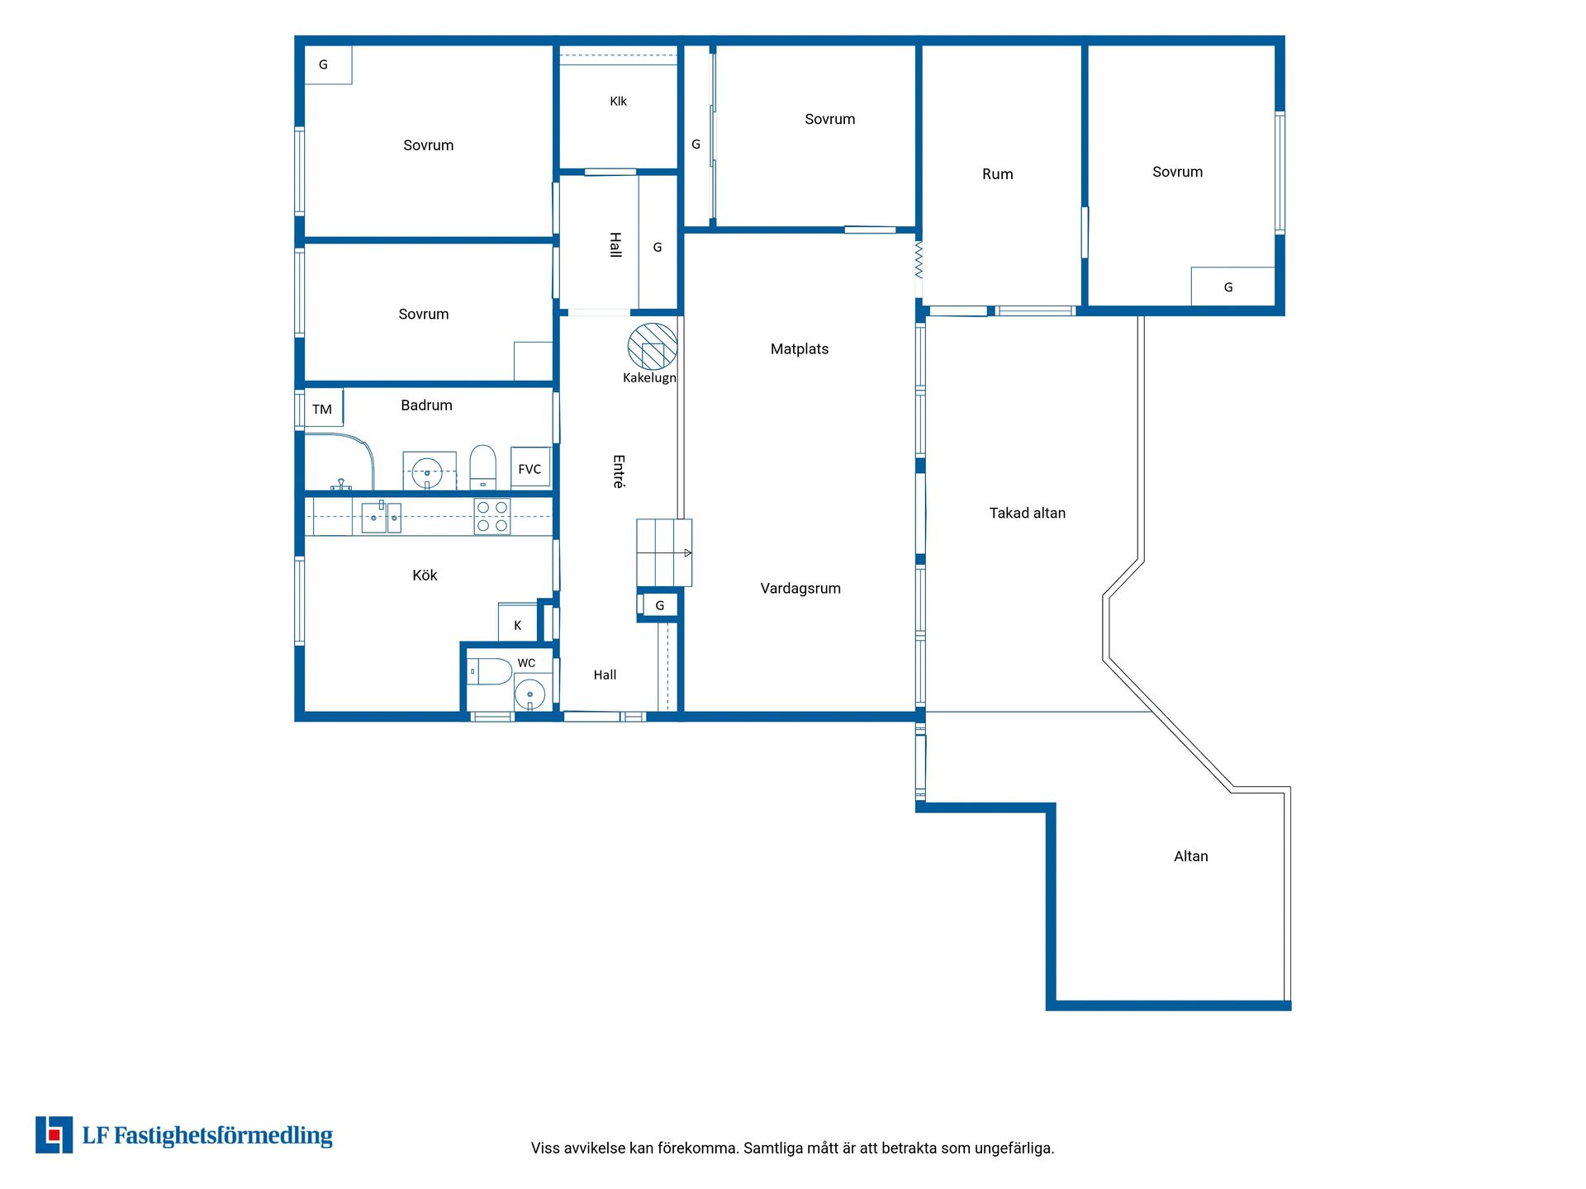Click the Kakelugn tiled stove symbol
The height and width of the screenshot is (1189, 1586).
tap(653, 347)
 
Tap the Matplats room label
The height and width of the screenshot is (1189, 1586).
tap(800, 349)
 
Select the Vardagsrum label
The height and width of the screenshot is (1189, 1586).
tap(800, 589)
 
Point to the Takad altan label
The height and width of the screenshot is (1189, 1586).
tap(1028, 513)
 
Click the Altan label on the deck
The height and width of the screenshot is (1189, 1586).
tap(1191, 856)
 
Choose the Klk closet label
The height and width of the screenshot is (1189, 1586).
tap(618, 102)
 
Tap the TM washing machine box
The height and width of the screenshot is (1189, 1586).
tap(324, 408)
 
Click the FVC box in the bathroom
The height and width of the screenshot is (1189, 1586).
tap(530, 468)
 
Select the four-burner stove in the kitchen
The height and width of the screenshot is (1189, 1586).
tap(492, 517)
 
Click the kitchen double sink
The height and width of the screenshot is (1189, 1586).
tap(382, 518)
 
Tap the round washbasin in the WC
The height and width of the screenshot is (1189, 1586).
tap(530, 694)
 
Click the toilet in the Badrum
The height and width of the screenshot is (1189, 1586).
tap(482, 467)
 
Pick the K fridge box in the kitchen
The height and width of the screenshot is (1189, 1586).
tap(518, 623)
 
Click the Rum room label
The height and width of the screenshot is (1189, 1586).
tap(998, 174)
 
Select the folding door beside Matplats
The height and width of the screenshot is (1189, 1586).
tap(919, 259)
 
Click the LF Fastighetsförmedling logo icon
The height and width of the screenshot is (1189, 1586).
tap(54, 1135)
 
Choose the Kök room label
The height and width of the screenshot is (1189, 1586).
tap(425, 576)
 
